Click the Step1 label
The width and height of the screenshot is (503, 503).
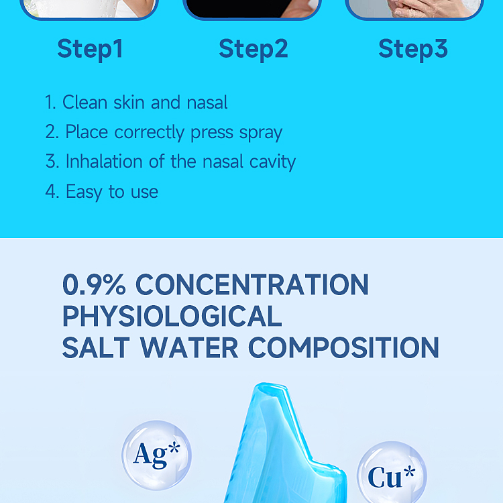(x=90, y=49)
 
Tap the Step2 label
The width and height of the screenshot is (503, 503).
(x=253, y=49)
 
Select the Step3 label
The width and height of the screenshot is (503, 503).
(x=412, y=49)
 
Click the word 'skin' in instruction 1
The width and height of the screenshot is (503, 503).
(x=129, y=103)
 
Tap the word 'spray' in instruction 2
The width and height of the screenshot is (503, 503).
(x=262, y=133)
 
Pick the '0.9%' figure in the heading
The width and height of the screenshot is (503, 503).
(x=94, y=285)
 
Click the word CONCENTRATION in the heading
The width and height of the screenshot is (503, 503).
(x=252, y=285)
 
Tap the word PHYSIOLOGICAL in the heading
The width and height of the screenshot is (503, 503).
(x=172, y=317)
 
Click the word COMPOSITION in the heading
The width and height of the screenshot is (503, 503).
(x=343, y=348)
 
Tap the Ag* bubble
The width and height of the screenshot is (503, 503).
(x=157, y=455)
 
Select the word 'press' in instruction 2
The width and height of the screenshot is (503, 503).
(x=212, y=133)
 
